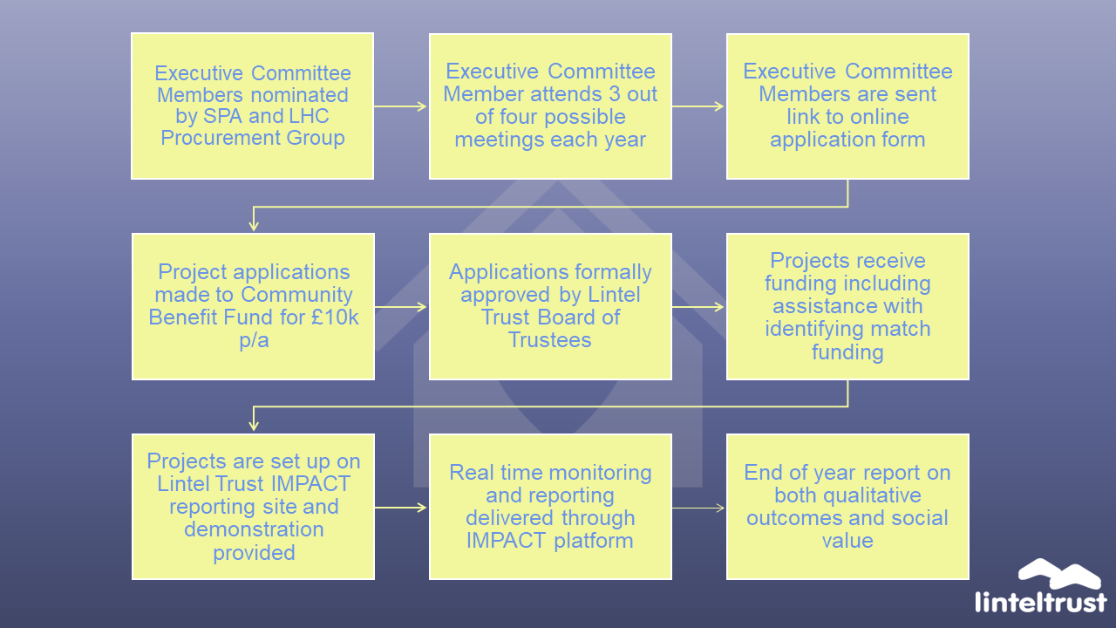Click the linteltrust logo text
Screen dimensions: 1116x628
pyautogui.click(x=1041, y=602)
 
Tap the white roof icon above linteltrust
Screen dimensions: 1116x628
pyautogui.click(x=1059, y=574)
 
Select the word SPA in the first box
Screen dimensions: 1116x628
pyautogui.click(x=222, y=116)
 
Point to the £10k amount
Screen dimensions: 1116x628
pyautogui.click(x=334, y=317)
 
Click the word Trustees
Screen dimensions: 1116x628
pyautogui.click(x=549, y=340)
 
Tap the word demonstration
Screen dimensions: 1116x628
pyautogui.click(x=254, y=529)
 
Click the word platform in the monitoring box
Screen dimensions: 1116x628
pyautogui.click(x=594, y=542)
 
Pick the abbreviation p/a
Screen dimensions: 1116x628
pyautogui.click(x=254, y=341)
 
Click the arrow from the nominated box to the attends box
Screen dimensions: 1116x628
pyautogui.click(x=400, y=106)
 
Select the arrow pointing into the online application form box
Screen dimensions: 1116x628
pyautogui.click(x=697, y=106)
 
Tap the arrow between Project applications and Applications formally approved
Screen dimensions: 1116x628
pyautogui.click(x=400, y=307)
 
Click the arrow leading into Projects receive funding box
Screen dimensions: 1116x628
pyautogui.click(x=697, y=307)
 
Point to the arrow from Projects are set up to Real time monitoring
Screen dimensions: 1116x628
pyautogui.click(x=400, y=508)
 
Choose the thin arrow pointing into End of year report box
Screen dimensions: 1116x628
pyautogui.click(x=698, y=509)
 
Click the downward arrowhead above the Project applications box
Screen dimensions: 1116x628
pyautogui.click(x=254, y=225)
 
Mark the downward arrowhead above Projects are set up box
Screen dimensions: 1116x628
pyautogui.click(x=254, y=425)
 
